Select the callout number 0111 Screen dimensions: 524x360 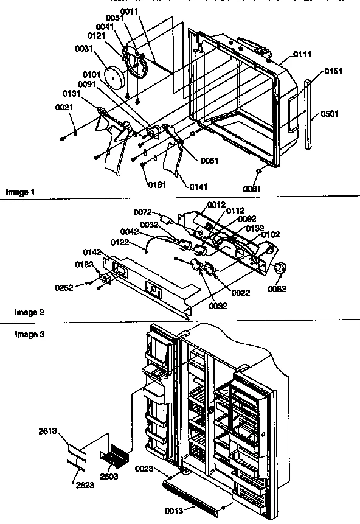click(x=302, y=55)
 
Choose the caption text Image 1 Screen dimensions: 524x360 click(x=21, y=193)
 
